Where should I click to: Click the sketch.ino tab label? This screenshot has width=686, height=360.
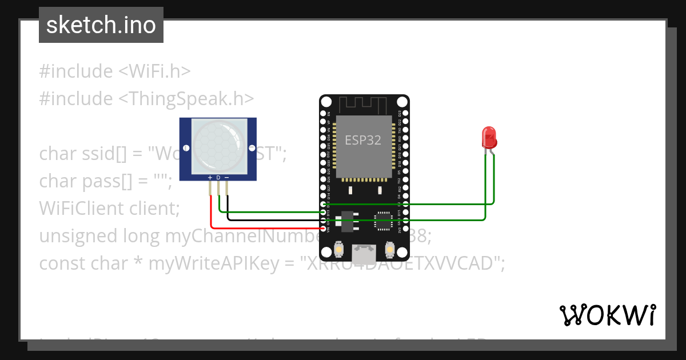point(101,25)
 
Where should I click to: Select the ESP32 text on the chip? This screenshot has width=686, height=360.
point(362,140)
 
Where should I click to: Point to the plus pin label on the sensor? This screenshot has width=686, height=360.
point(210,178)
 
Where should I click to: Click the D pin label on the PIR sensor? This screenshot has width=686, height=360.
point(218,178)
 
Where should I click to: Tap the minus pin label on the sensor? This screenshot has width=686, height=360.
point(226,178)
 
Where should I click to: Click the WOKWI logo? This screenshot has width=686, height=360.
point(607,315)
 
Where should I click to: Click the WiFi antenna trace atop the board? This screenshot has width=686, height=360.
point(364,105)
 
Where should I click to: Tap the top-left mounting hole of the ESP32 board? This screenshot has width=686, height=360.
point(326,102)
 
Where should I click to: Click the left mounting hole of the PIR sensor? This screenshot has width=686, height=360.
point(186,125)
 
